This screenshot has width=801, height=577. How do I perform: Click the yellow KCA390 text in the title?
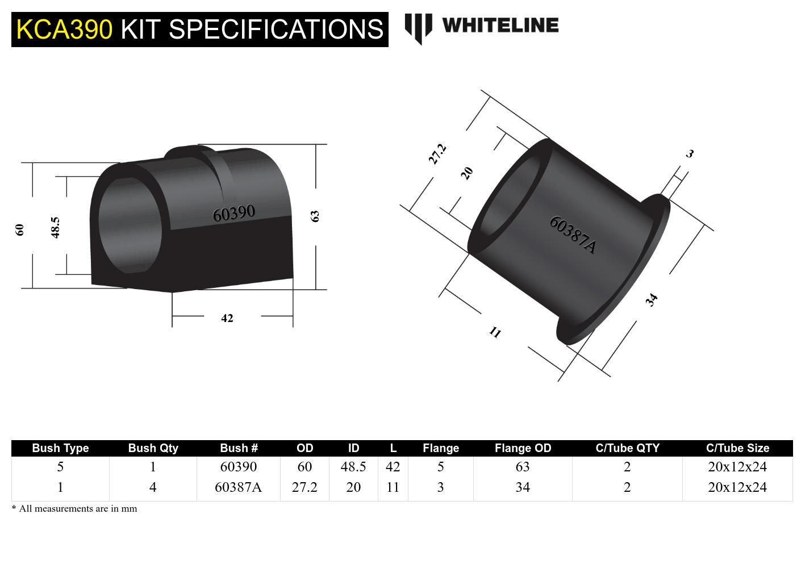tap(64, 29)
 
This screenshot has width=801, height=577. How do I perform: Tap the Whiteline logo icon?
tap(418, 28)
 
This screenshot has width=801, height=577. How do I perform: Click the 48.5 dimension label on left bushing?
tap(55, 227)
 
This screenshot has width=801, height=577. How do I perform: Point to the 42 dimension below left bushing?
tap(227, 318)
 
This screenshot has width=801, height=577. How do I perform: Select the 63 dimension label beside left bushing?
tap(315, 216)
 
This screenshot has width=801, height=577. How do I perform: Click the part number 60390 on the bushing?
tap(233, 214)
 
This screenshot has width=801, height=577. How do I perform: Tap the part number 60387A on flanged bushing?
tap(573, 235)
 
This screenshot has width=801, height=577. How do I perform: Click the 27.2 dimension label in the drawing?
tap(437, 154)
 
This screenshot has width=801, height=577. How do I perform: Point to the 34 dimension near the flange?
tap(652, 299)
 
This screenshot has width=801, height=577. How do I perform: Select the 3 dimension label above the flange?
tap(690, 153)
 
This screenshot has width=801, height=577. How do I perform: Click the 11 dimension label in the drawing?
tap(495, 332)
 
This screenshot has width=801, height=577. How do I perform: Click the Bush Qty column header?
tap(153, 448)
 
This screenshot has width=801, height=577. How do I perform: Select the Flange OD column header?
tap(523, 448)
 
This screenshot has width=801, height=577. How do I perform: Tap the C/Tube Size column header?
tap(737, 448)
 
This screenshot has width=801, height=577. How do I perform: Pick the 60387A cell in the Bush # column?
tap(238, 487)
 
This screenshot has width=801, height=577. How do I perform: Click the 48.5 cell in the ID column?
tap(353, 467)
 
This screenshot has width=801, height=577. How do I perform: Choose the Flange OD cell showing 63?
tap(522, 467)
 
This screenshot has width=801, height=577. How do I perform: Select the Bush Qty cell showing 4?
tap(153, 487)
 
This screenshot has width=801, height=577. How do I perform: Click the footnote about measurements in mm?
tap(74, 509)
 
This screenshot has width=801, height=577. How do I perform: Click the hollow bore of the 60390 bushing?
tap(130, 227)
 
